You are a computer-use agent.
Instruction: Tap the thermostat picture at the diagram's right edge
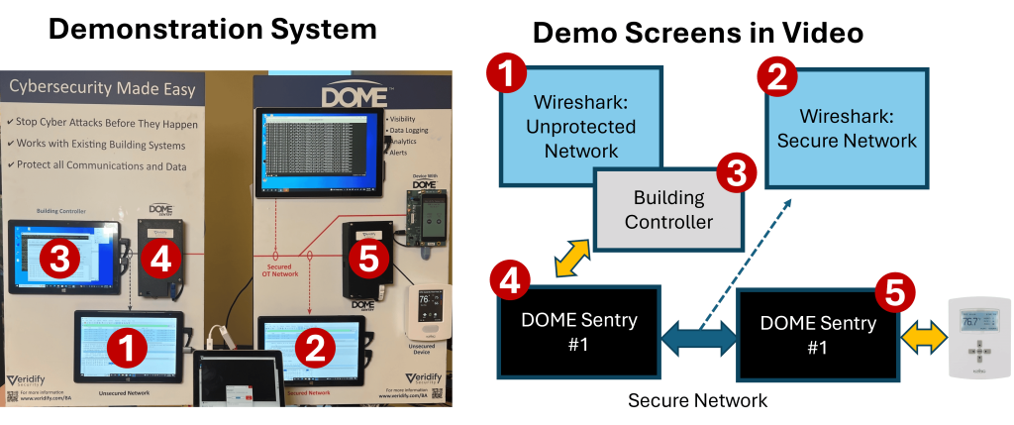[977, 337]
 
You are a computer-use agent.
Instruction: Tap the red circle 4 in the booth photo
[160, 261]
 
